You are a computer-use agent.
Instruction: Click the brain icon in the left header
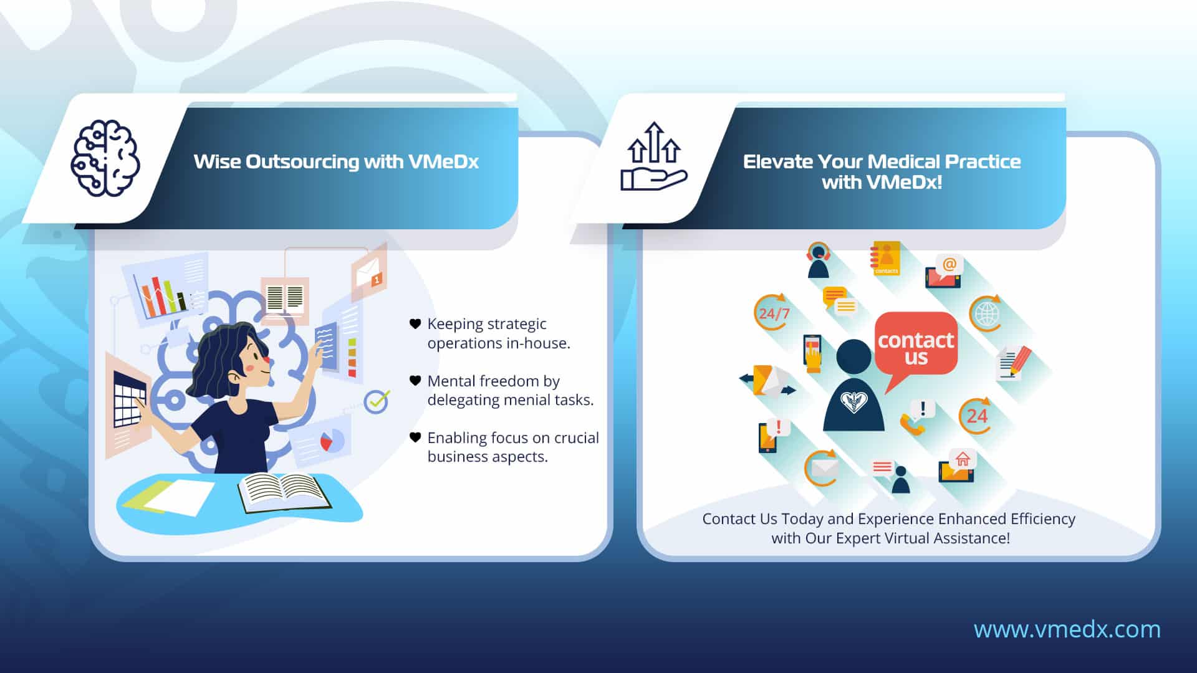(x=105, y=158)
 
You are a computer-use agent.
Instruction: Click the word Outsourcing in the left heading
(x=302, y=162)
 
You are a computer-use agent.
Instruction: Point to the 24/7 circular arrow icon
(x=772, y=313)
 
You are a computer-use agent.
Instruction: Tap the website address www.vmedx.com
(x=1067, y=629)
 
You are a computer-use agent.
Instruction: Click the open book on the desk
(x=284, y=492)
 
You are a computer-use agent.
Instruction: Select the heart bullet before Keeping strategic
(x=415, y=323)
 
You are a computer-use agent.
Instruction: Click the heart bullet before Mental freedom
(x=415, y=380)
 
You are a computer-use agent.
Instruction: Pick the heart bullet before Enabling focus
(x=415, y=437)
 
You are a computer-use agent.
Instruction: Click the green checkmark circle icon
(x=377, y=401)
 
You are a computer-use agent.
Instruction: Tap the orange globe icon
(x=986, y=313)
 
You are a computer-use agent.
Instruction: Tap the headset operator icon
(x=818, y=260)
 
